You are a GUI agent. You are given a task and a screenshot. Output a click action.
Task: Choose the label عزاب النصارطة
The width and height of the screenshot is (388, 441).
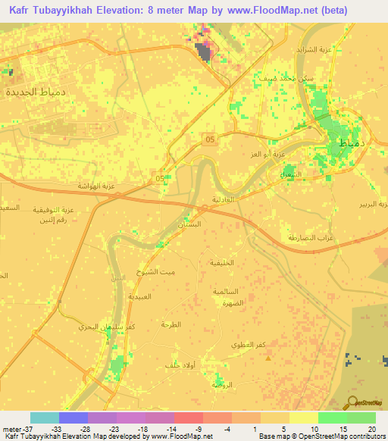pyautogui.click(x=305, y=237)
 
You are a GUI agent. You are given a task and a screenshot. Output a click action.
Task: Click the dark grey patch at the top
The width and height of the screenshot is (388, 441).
pyautogui.click(x=203, y=51)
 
